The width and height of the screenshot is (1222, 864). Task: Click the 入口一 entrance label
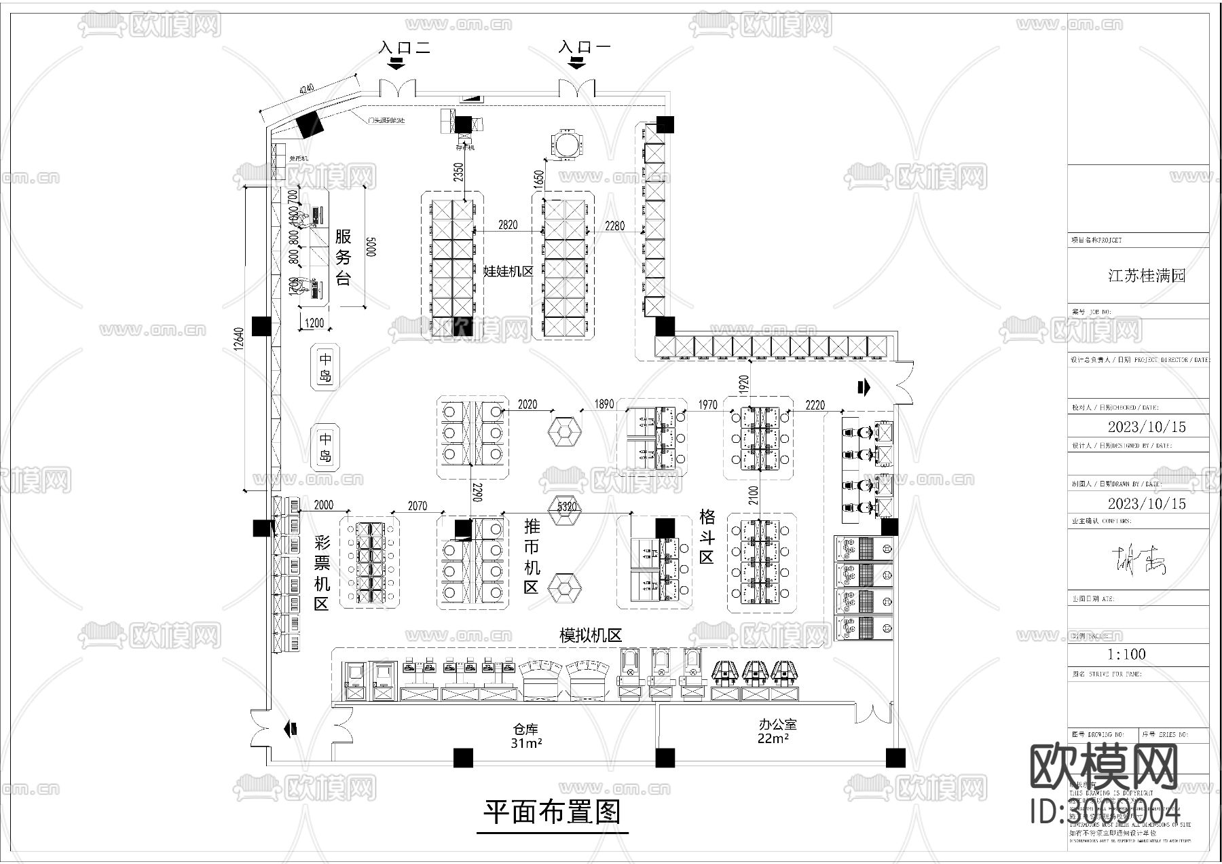(584, 47)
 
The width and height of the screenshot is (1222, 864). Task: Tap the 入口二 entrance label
(405, 47)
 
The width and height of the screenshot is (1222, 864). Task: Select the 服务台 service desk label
(343, 256)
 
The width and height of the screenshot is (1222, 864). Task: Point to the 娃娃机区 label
(508, 271)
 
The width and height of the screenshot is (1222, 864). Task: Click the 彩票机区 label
(321, 573)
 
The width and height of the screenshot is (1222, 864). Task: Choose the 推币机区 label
(532, 556)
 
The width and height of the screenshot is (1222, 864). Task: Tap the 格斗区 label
(707, 537)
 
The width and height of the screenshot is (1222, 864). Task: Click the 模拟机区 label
(590, 635)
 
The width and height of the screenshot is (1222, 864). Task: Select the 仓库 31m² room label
(525, 736)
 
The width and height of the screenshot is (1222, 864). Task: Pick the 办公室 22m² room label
(777, 731)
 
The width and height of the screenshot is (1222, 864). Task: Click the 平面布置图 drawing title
(552, 811)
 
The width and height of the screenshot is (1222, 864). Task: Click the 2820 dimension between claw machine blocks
(507, 225)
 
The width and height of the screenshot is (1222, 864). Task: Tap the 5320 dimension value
(567, 506)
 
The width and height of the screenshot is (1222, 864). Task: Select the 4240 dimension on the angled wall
(305, 90)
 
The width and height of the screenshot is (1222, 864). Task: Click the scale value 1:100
(1126, 654)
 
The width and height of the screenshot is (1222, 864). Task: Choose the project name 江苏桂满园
(1146, 276)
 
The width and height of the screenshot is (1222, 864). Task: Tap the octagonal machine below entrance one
(566, 144)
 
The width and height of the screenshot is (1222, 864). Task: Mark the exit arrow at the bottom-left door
(291, 729)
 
